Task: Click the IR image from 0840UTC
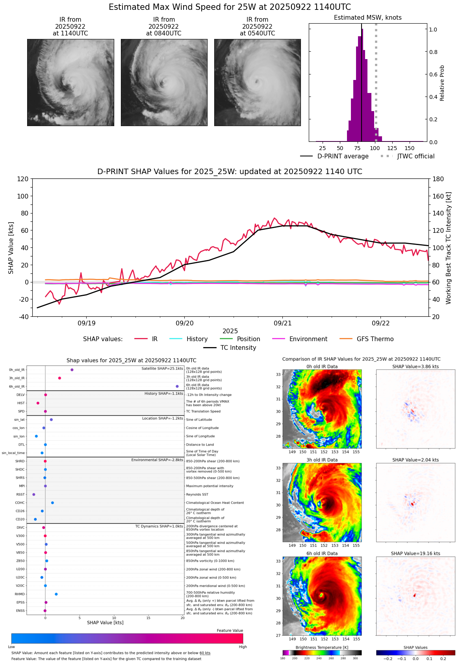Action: [164, 82]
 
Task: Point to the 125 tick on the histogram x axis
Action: [392, 148]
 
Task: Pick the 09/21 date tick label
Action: [282, 323]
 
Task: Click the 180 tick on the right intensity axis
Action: [438, 179]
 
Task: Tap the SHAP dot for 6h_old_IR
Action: [177, 386]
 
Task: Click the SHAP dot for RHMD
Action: [56, 594]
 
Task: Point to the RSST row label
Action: [20, 494]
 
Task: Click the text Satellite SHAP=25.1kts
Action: [162, 369]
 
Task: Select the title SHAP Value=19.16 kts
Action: [415, 553]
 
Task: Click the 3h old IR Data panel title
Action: [322, 460]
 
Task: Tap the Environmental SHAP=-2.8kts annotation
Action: [157, 460]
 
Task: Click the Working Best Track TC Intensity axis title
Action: [449, 248]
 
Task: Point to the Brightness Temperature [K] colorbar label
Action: [322, 648]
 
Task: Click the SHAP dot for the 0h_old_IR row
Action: [72, 370]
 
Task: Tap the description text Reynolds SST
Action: [197, 494]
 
